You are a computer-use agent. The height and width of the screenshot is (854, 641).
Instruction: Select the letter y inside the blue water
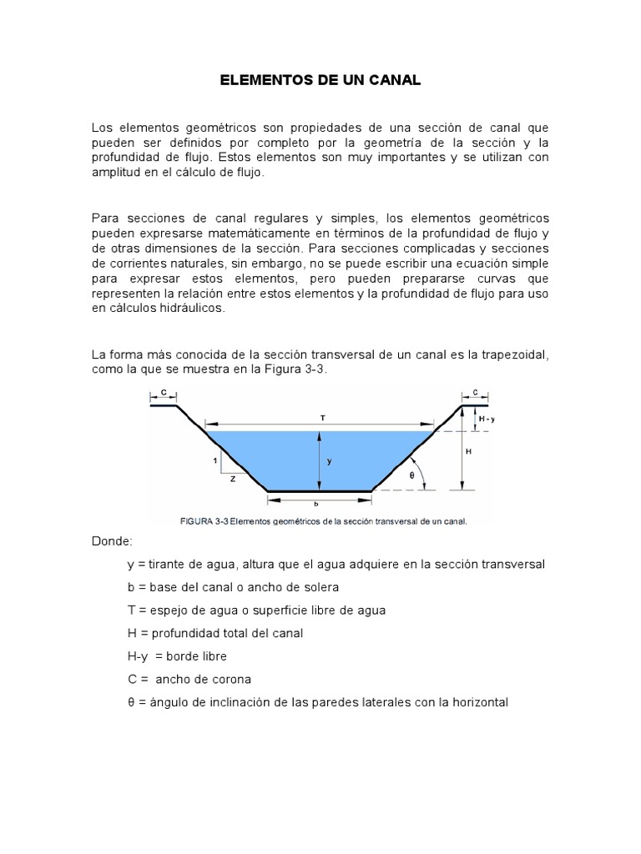pyautogui.click(x=329, y=460)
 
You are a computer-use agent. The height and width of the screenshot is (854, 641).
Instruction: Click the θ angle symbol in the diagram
pyautogui.click(x=411, y=475)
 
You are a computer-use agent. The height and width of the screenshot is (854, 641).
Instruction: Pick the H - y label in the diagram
pyautogui.click(x=486, y=419)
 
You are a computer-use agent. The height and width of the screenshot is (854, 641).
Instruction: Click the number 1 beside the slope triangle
pyautogui.click(x=215, y=460)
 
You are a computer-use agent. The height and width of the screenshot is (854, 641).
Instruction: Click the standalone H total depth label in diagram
pyautogui.click(x=469, y=451)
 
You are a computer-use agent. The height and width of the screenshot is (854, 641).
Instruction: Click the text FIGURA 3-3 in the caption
pyautogui.click(x=204, y=522)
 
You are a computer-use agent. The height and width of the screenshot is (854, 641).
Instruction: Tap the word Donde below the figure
pyautogui.click(x=115, y=541)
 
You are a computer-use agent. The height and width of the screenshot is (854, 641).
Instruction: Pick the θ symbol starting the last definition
pyautogui.click(x=131, y=702)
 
